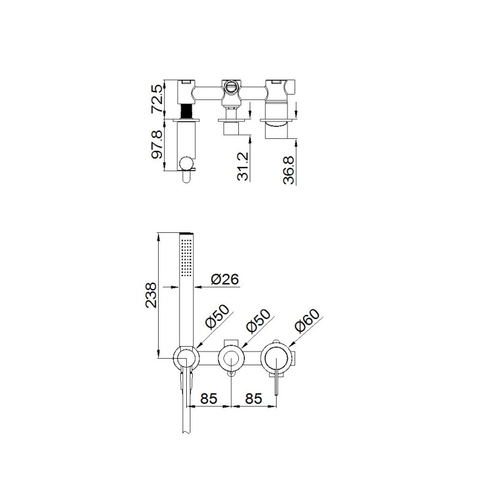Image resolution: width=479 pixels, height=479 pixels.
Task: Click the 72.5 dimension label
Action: click(157, 99)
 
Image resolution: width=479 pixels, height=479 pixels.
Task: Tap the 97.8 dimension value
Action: click(157, 144)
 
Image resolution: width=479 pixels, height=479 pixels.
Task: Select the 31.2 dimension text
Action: click(243, 166)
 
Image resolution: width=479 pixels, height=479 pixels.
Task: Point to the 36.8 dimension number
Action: click(289, 170)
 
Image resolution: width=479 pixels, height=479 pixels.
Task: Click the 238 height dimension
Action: click(151, 295)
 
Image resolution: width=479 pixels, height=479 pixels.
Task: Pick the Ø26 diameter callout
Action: click(225, 279)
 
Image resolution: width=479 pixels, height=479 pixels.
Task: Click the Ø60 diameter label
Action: click(307, 320)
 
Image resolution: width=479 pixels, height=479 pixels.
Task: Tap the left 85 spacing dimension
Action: click(208, 398)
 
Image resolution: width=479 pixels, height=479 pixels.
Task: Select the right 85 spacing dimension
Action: click(253, 398)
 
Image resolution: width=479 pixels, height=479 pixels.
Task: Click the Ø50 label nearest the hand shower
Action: click(217, 317)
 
